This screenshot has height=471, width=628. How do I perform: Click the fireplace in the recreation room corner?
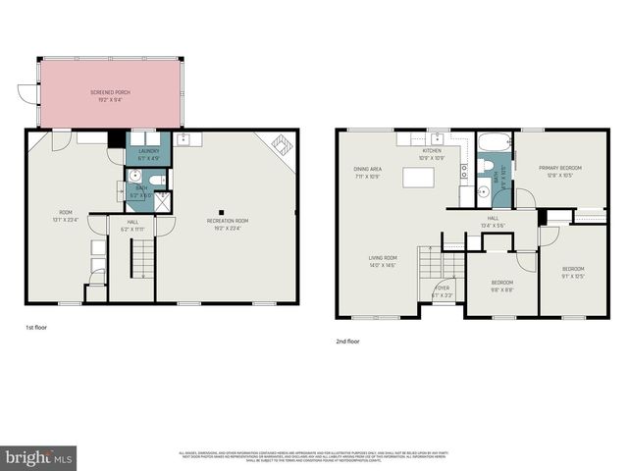[x=281, y=147]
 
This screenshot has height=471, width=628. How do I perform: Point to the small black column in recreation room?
[x=224, y=211]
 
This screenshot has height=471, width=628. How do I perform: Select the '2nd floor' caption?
[x=347, y=341]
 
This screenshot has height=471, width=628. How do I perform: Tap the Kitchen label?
[x=432, y=151]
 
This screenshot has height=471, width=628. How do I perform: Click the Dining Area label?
[x=368, y=170]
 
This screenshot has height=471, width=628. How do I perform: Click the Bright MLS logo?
[x=39, y=456]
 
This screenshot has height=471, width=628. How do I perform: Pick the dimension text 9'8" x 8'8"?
[x=501, y=289]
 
